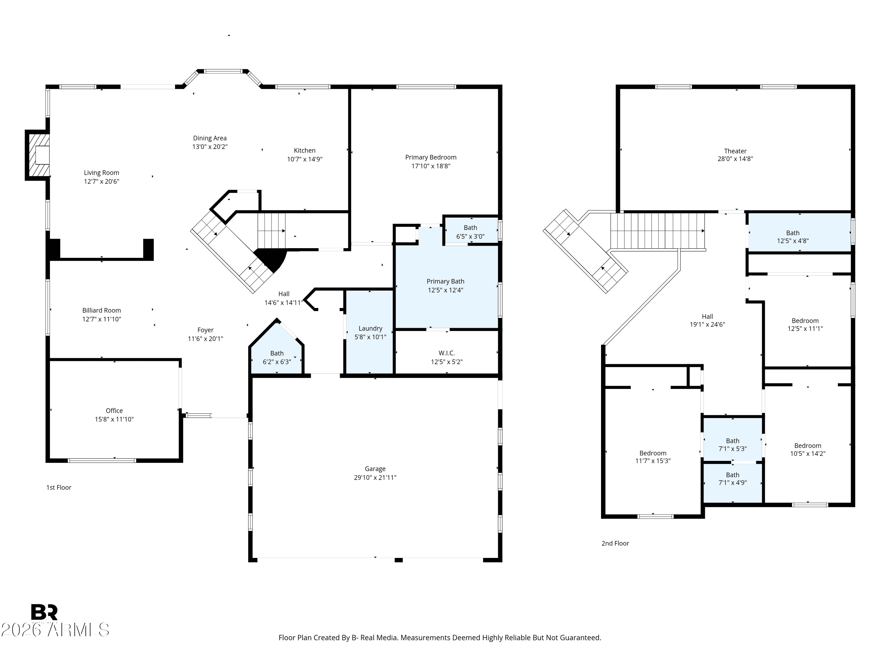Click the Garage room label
click(x=375, y=469)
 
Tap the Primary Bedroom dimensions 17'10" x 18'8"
click(x=431, y=166)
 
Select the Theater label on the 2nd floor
click(x=735, y=151)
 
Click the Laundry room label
click(x=370, y=328)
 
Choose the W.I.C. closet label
click(x=447, y=353)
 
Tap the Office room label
click(x=114, y=411)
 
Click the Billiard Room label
click(x=101, y=310)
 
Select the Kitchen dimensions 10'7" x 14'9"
click(x=305, y=159)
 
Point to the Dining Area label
click(x=210, y=138)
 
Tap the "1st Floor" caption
click(x=59, y=487)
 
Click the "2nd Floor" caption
click(x=615, y=543)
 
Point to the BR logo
click(x=44, y=612)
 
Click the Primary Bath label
click(x=445, y=281)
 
